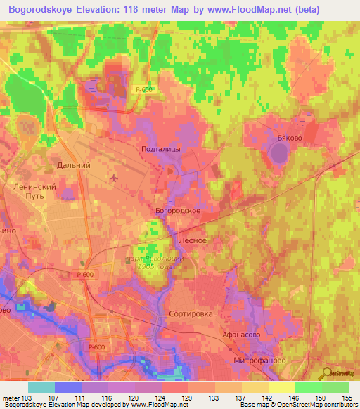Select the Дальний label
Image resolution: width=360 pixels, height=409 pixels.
tap(74, 165)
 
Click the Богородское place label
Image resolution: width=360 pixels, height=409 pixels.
tap(179, 210)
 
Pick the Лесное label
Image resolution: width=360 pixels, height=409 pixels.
tap(193, 240)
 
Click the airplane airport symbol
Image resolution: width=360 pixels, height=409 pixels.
tap(114, 178)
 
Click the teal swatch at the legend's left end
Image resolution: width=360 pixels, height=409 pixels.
tap(41, 387)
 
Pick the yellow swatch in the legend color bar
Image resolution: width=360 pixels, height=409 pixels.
tap(281, 387)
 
